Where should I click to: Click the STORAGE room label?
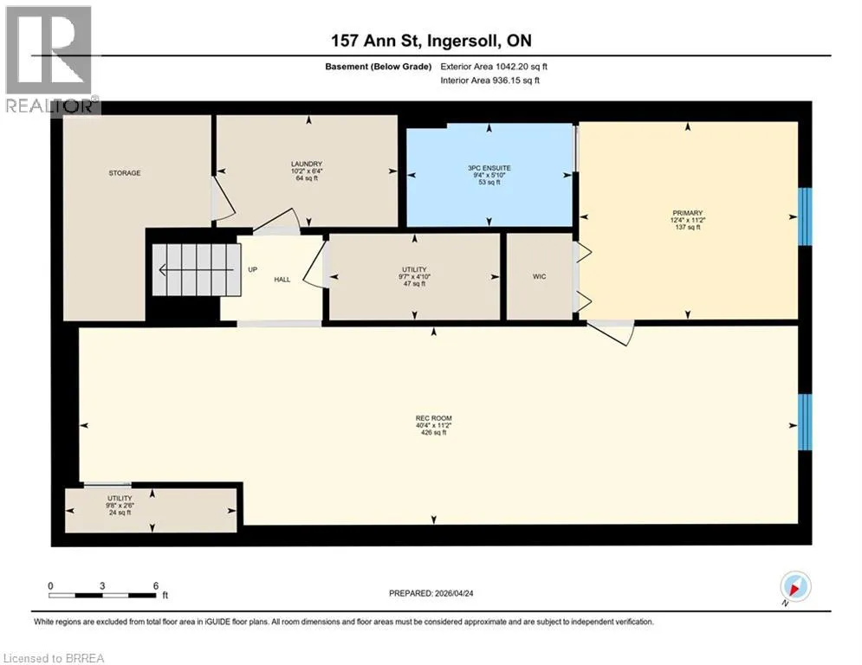coord(124,173)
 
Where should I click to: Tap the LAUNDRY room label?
coord(307,164)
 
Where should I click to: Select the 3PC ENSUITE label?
coord(489,168)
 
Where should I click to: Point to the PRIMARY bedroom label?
coord(688,213)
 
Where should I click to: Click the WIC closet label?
coord(540,276)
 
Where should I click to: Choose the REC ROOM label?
coord(434,418)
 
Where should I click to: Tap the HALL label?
coord(282,280)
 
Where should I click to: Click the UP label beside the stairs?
coord(252,270)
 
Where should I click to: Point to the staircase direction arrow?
coord(200,270)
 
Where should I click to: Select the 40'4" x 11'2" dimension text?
coord(434,425)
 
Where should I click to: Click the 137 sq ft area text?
coord(688,227)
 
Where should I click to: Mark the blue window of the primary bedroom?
coord(805,216)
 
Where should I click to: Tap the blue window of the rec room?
coord(805,422)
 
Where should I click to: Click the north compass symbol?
coord(794,586)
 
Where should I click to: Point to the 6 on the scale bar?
coord(156,586)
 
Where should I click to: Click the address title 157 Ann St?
coord(376,41)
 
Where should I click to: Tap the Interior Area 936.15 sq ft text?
coord(489,81)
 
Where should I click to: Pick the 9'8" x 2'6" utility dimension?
coord(120,506)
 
